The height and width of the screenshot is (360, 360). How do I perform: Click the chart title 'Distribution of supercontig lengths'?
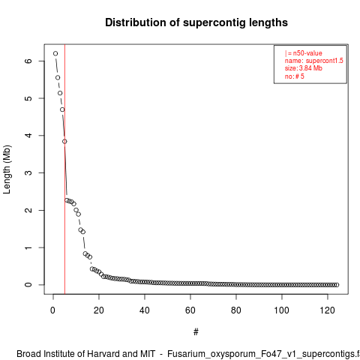196,22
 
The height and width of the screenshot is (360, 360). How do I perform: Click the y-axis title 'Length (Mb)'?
7,169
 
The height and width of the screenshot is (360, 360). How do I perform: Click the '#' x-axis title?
196,332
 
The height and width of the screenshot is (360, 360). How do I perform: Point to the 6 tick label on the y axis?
28,61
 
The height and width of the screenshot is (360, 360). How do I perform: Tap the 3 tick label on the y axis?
28,172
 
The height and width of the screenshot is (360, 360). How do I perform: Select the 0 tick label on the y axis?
28,285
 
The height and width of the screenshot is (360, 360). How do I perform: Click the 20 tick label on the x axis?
99,310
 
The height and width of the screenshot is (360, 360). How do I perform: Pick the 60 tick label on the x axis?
190,310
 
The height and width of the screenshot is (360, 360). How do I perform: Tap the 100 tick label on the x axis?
281,310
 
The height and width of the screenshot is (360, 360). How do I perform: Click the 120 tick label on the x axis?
327,310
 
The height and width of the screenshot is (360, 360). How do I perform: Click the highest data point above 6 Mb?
55,53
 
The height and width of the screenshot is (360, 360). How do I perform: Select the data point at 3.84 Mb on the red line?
64,142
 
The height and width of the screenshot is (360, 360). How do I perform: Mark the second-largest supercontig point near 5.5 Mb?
58,78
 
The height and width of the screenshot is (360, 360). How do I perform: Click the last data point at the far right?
337,285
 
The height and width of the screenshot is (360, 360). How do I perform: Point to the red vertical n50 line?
64,169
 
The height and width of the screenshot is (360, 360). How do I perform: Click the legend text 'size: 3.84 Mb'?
303,68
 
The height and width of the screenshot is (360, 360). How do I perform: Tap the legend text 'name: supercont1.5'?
313,61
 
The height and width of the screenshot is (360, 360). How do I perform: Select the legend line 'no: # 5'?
294,76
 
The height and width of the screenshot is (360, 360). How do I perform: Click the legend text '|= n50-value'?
303,53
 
